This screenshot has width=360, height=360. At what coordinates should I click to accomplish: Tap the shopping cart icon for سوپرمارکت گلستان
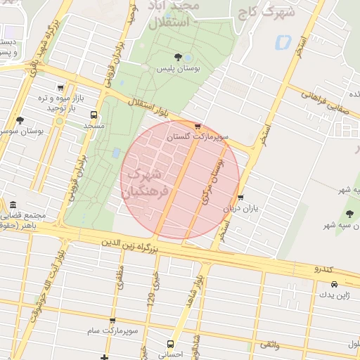click(198, 127)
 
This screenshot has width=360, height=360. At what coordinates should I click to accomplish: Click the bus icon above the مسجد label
click(94, 114)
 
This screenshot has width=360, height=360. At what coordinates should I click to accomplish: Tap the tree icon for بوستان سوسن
click(20, 120)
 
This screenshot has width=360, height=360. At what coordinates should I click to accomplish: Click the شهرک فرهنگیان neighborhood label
click(146, 182)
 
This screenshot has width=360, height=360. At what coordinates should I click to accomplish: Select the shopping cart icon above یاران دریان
click(241, 198)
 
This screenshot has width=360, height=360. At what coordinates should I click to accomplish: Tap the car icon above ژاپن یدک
click(333, 285)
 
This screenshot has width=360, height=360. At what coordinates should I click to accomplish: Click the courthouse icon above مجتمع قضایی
click(12, 205)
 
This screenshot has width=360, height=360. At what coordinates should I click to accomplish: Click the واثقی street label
click(269, 344)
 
